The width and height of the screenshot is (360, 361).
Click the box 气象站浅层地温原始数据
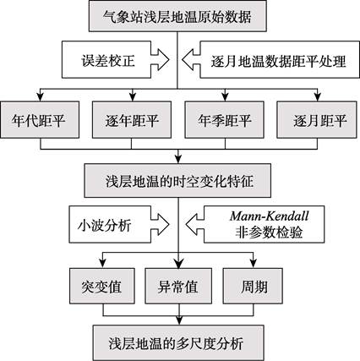(x=177, y=16)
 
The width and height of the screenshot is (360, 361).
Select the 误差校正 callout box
(x=106, y=60)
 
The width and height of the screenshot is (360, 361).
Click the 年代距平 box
(x=40, y=120)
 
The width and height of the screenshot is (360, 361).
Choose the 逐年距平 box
(x=132, y=120)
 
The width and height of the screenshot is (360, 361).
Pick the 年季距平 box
(x=224, y=120)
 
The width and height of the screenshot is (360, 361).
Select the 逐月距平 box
(x=317, y=120)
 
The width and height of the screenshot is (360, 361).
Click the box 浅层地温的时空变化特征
(x=177, y=180)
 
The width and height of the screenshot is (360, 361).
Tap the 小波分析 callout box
(x=110, y=224)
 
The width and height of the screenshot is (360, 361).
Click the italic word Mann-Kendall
(x=270, y=216)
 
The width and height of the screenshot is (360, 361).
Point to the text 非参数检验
(x=269, y=232)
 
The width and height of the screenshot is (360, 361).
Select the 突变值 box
(x=102, y=286)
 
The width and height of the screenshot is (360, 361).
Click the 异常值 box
(x=178, y=286)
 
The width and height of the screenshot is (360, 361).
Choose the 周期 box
(x=253, y=286)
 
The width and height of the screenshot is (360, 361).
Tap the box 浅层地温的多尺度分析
(x=178, y=342)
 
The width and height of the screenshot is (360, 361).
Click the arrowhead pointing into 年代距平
(x=41, y=97)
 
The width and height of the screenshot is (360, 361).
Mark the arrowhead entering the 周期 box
(x=254, y=264)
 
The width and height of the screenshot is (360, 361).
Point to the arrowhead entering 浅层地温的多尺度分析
(x=178, y=320)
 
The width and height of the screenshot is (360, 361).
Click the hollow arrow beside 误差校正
(x=160, y=60)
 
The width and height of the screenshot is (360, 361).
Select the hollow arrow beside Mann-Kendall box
(x=195, y=224)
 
